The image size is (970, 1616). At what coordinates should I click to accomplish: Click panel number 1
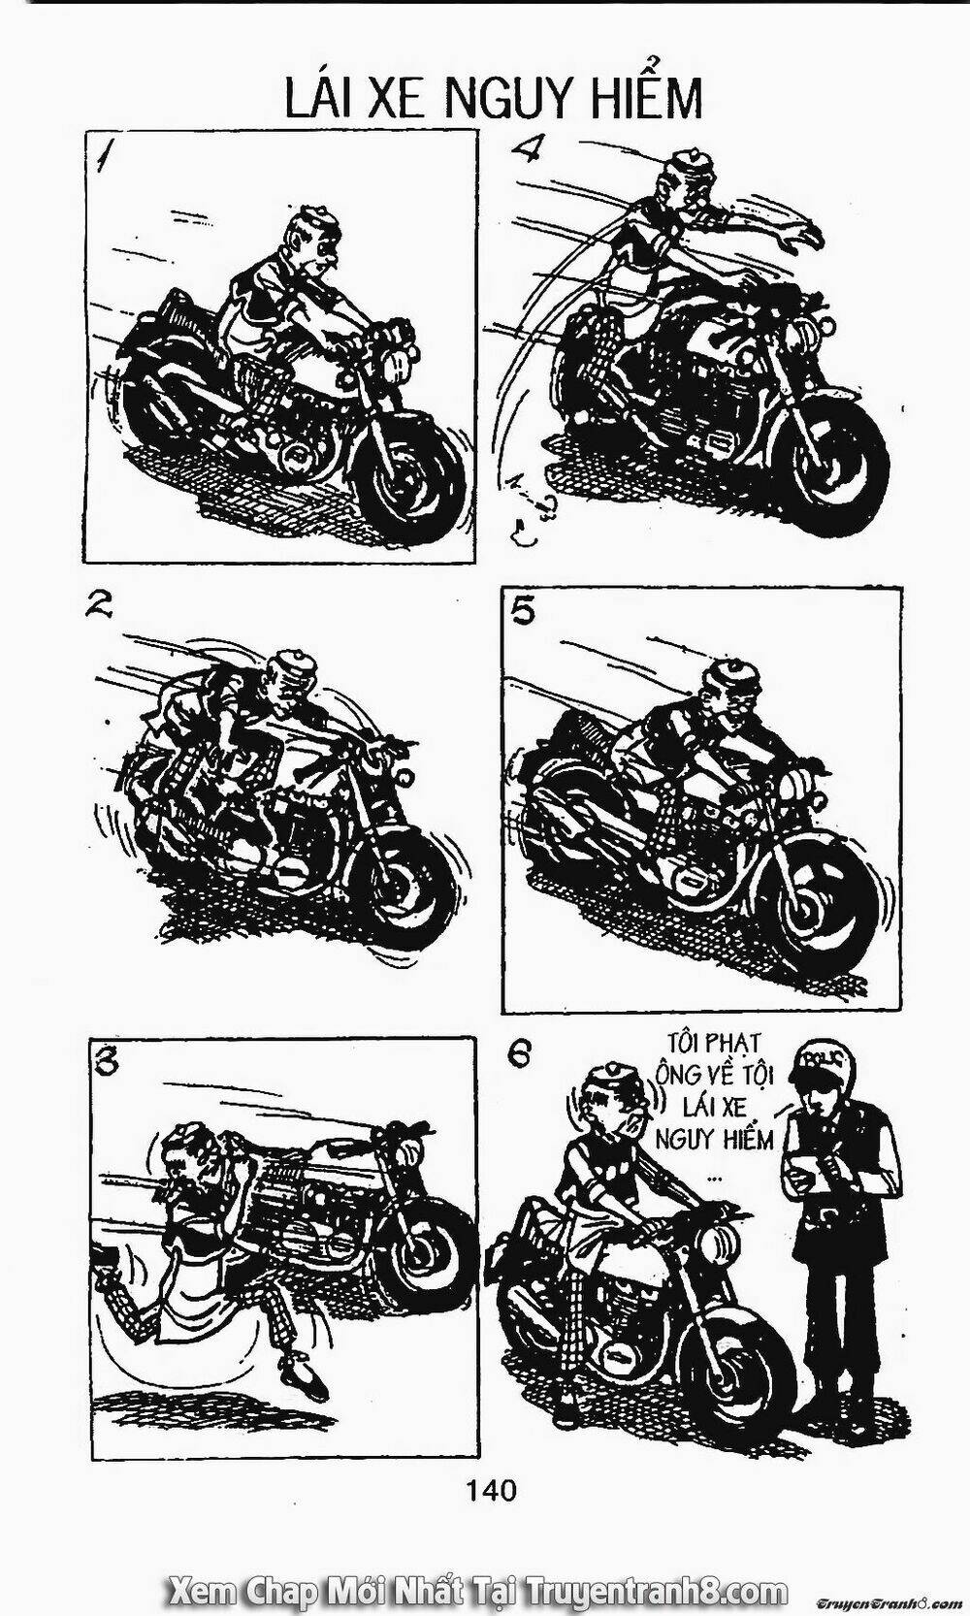pos(110,157)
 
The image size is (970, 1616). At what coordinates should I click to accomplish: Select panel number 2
pos(99,609)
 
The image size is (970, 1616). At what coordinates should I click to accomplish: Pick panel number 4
pos(525,149)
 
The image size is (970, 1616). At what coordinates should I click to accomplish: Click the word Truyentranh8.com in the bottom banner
pos(657,1587)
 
